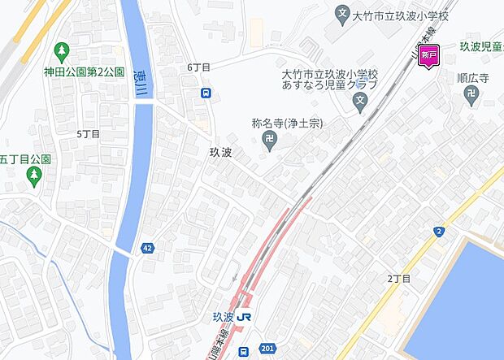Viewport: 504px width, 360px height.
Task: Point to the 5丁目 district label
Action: click(x=88, y=133)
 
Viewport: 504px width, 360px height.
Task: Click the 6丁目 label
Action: click(x=198, y=67)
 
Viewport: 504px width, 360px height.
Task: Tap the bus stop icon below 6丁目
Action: click(x=207, y=93)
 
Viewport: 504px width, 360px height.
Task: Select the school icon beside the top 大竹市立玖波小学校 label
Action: click(x=342, y=14)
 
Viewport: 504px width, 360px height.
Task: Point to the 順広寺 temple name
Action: click(x=473, y=79)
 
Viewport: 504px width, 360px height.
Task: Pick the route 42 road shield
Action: click(x=147, y=247)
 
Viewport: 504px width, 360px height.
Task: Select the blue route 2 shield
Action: click(x=439, y=232)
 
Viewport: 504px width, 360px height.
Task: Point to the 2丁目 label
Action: click(x=399, y=279)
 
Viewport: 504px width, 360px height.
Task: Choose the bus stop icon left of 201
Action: click(x=244, y=352)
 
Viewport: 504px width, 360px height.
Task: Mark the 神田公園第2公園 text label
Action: click(x=85, y=72)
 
